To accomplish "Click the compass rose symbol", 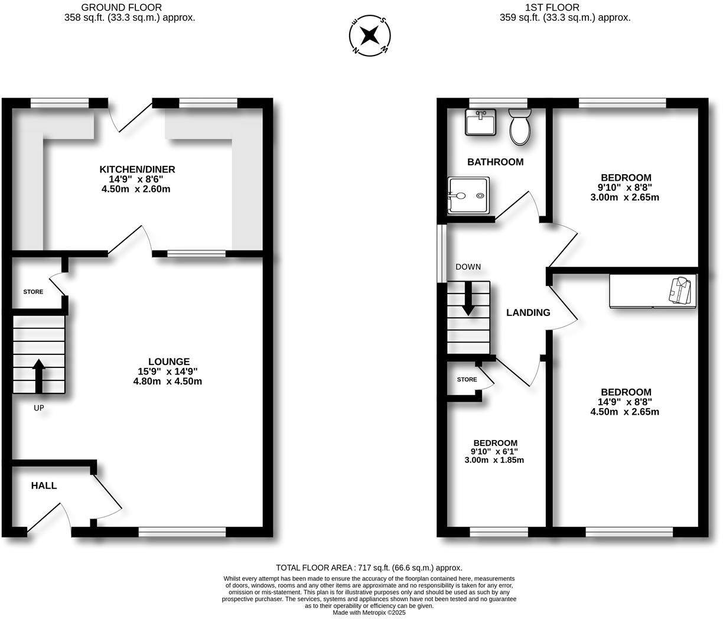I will point(370,36).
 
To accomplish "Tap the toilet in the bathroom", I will point(520,126).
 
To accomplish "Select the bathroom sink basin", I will point(480,123).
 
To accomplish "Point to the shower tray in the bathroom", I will point(468,196).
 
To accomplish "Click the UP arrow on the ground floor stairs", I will point(39,376).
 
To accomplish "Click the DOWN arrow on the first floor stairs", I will point(468,298).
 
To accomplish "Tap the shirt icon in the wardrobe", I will point(681,291).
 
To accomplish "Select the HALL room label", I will point(44,486).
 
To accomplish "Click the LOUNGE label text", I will point(169,361).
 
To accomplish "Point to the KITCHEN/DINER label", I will point(137,170).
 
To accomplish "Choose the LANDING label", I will point(528,312).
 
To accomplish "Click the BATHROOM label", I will point(495,162).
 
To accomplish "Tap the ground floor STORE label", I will point(33,292).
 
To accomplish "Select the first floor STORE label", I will point(467,379).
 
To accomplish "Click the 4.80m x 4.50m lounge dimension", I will point(168,381).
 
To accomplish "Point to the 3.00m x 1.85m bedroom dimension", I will point(494,460).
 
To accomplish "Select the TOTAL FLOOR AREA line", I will point(369,568).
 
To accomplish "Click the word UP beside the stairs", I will point(38,408).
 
